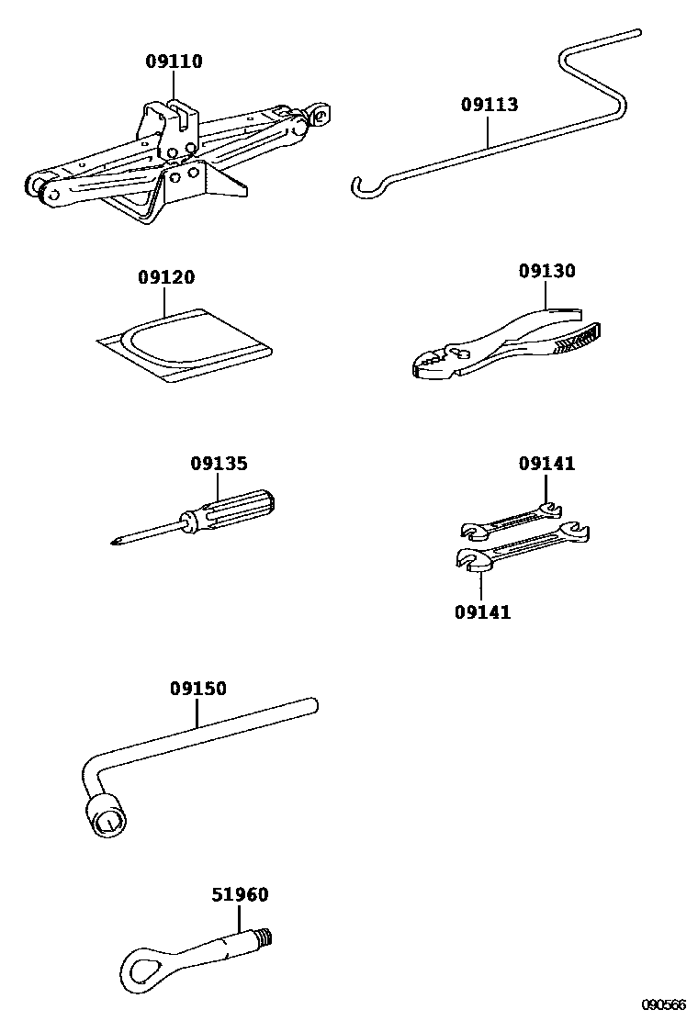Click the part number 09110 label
pos(174,62)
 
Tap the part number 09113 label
pos(490,105)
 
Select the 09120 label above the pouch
pos(166,277)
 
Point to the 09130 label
pos(546,271)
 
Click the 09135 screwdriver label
pos(219,464)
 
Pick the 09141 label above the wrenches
pos(546,464)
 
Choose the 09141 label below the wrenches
pos(482,611)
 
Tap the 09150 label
pos(197,689)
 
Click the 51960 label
pos(241,894)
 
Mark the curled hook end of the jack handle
pos(365,188)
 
